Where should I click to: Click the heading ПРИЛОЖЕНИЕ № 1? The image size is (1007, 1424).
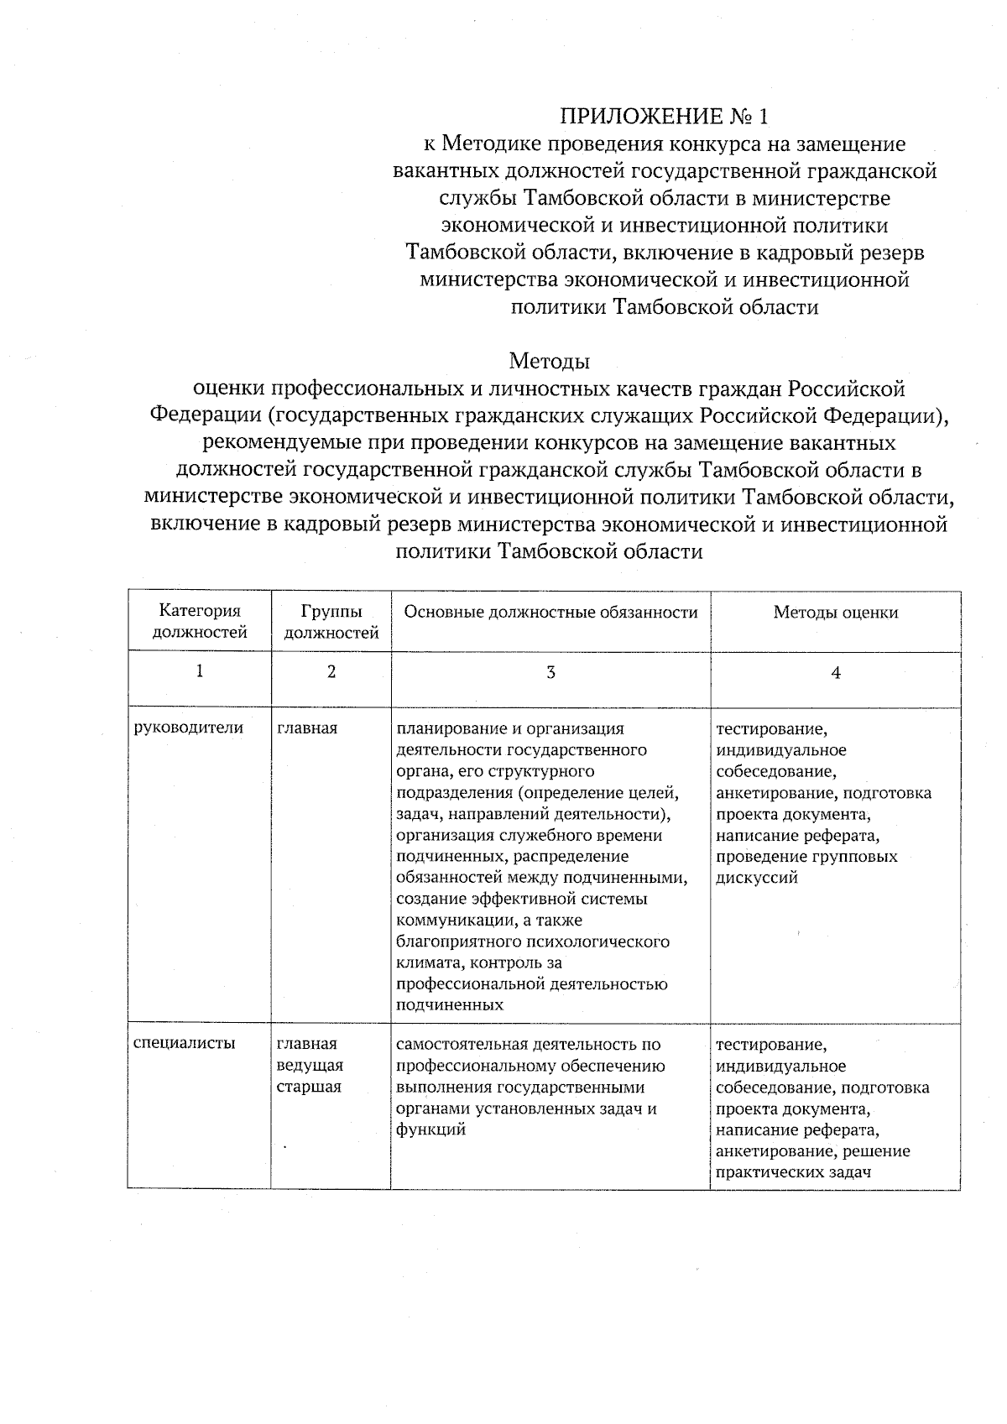pos(664,116)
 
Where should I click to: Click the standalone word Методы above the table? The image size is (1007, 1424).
pos(550,362)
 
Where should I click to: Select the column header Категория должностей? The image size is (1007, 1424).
pos(200,622)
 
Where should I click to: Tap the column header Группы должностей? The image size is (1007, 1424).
pos(331,622)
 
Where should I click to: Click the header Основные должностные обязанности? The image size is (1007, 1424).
pos(550,613)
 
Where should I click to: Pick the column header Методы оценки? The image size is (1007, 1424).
pos(835,613)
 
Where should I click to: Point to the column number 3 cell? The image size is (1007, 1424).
pos(550,672)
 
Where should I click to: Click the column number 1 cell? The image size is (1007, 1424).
pos(200,671)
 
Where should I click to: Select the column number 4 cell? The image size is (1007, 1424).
pos(835,672)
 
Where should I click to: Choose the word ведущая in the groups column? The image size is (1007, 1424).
pos(310,1066)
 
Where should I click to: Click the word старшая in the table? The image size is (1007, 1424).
pos(309,1088)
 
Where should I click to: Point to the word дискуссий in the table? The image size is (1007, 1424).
pos(756,879)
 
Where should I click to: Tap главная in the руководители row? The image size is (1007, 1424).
pos(307,728)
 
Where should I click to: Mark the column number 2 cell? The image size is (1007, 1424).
pos(331,672)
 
